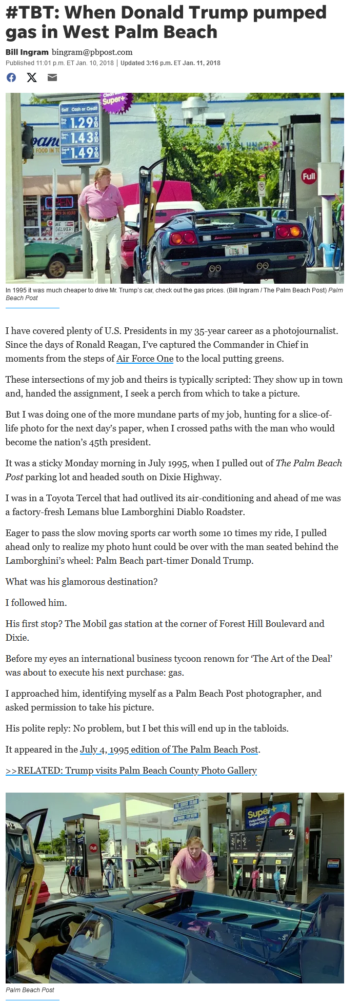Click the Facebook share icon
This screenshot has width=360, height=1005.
11,77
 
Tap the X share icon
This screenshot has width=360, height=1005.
32,77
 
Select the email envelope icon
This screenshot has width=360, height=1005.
52,77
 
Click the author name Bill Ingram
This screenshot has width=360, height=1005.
27,52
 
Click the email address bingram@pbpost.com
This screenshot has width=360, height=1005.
92,52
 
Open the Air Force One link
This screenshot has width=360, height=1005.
145,359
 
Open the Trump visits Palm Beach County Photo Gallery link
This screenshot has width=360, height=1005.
131,771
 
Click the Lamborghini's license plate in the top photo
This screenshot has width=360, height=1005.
237,251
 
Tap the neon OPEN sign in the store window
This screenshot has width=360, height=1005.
59,202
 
